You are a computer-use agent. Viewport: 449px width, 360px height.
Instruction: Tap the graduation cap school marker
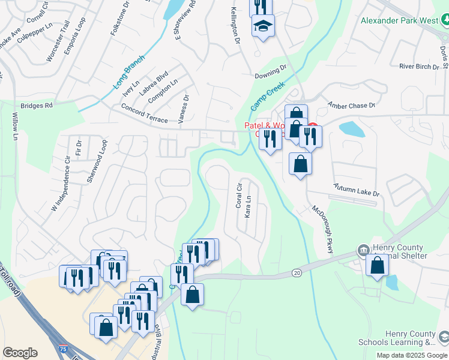(262, 26)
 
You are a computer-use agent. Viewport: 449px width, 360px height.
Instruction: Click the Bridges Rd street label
(37, 105)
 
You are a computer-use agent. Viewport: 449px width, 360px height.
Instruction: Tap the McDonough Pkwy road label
(322, 229)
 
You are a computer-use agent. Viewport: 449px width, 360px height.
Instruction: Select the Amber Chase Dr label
(351, 105)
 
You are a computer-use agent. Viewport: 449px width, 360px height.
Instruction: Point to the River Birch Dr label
(419, 66)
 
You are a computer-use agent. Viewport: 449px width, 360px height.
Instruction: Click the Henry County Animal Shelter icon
(363, 250)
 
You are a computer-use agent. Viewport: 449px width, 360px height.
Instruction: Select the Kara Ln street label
(247, 206)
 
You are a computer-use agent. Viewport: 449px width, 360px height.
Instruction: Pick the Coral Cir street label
(239, 195)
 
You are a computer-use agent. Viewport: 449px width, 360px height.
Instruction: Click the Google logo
(20, 353)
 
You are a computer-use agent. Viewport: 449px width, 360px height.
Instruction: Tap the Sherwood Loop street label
(97, 161)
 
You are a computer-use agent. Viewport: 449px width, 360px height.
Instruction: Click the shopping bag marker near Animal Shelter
(377, 265)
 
